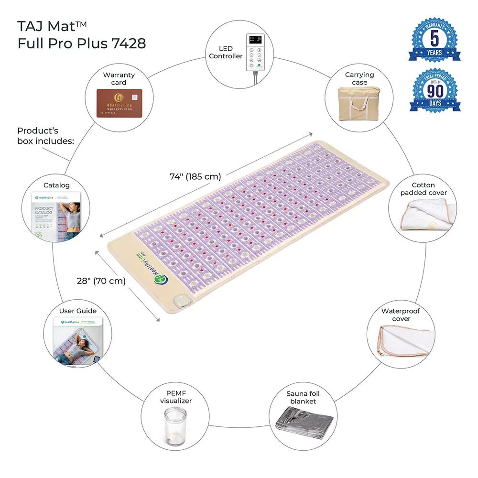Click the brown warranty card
(119, 103)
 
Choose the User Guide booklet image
(77, 341)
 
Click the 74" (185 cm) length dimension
(195, 177)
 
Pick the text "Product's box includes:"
(45, 136)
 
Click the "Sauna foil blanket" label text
(303, 397)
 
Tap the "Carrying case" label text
(359, 78)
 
